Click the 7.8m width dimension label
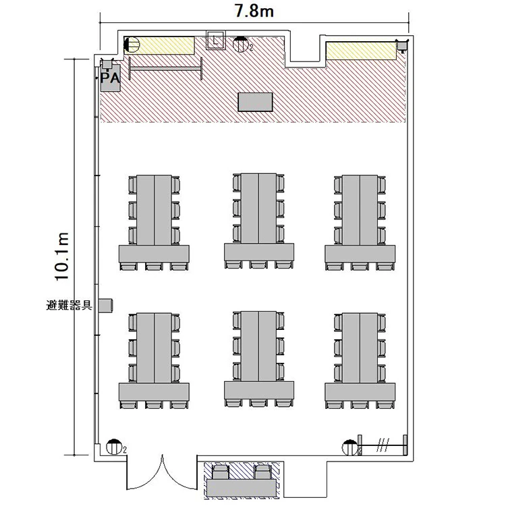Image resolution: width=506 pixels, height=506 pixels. pos(254,11)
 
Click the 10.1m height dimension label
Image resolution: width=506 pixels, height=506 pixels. pos(61,256)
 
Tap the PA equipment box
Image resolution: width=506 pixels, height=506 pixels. pos(111,78)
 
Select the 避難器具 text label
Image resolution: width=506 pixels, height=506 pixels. pos(69,305)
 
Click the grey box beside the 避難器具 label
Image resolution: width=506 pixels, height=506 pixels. pos(105,305)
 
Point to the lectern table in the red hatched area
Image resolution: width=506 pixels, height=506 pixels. pos(255,102)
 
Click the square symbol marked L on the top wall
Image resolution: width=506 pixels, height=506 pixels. pos(216,40)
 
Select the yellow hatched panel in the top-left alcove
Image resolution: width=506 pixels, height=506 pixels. pos(159,45)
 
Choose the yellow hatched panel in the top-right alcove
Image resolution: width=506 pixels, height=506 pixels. pos(361,51)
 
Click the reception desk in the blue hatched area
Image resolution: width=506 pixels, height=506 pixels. pos(242,488)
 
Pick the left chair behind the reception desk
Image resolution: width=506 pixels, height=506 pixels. pos(221,472)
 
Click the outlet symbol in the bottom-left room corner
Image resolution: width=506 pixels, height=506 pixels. pos(113,447)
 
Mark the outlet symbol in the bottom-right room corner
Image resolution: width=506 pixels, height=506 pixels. pos(349,447)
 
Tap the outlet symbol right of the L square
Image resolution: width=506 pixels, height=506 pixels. pos(240,45)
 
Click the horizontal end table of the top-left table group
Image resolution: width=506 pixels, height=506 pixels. pos(154,254)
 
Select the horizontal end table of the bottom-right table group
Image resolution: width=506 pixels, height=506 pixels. pos(360,392)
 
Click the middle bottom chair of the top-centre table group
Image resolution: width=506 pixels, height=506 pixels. pos(258,264)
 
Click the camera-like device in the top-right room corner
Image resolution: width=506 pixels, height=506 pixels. pos(402,45)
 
